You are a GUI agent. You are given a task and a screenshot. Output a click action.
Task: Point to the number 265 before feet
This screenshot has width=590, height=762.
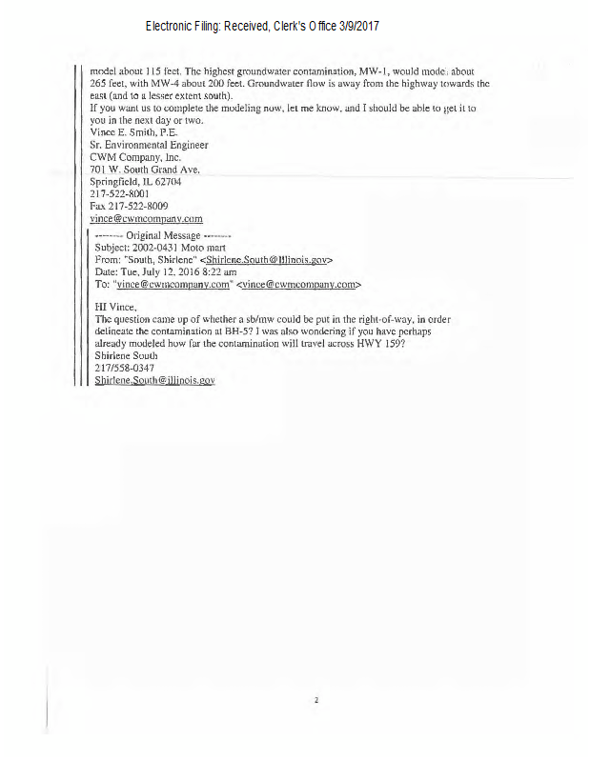pyautogui.click(x=99, y=84)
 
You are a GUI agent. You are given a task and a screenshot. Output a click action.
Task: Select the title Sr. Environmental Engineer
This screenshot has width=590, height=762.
pyautogui.click(x=148, y=145)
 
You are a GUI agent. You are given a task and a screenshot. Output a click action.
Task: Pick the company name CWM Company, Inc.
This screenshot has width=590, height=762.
pyautogui.click(x=136, y=156)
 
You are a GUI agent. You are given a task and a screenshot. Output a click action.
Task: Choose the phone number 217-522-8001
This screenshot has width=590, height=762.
pyautogui.click(x=119, y=192)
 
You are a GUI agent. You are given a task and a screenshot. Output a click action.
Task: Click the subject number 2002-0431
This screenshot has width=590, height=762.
pyautogui.click(x=162, y=247)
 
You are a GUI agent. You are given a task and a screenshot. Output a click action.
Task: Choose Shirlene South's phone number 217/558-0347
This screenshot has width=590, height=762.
pyautogui.click(x=125, y=368)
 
